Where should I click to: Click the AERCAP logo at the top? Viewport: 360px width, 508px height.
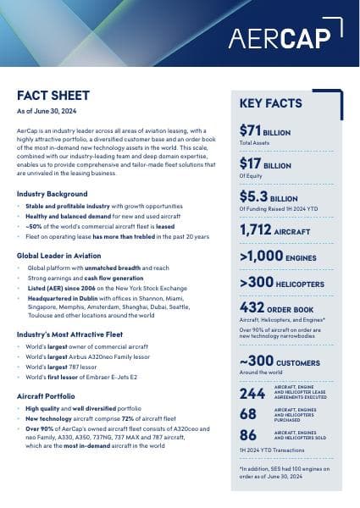[x=285, y=39]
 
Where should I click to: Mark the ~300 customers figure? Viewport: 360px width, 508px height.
[x=258, y=362]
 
